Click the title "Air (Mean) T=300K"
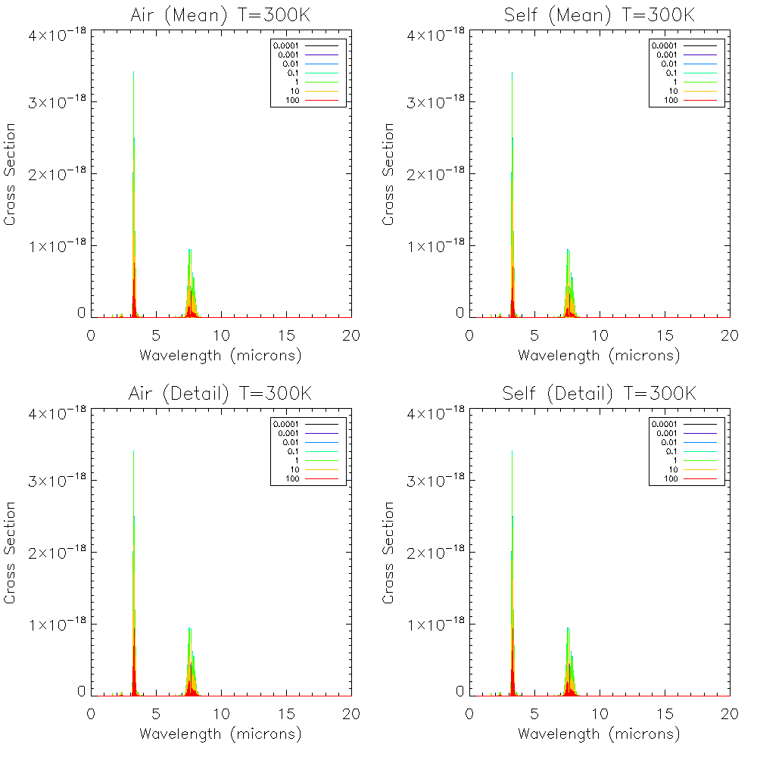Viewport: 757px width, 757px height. (220, 15)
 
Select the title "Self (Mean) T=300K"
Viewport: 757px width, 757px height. (599, 15)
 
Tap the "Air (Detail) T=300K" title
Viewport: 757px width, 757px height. (220, 394)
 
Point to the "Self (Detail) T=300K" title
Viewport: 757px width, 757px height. (599, 394)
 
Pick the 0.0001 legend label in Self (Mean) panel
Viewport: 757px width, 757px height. (664, 45)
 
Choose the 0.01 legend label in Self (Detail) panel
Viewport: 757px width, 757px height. (667, 442)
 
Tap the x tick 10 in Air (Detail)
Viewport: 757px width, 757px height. (221, 713)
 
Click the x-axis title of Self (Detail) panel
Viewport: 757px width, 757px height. (599, 734)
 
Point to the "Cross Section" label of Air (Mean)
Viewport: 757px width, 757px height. (11, 174)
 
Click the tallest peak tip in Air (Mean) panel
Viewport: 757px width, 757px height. (134, 72)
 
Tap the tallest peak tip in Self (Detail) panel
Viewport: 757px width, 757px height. (512, 451)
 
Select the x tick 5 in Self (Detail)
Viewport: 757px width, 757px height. (534, 713)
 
